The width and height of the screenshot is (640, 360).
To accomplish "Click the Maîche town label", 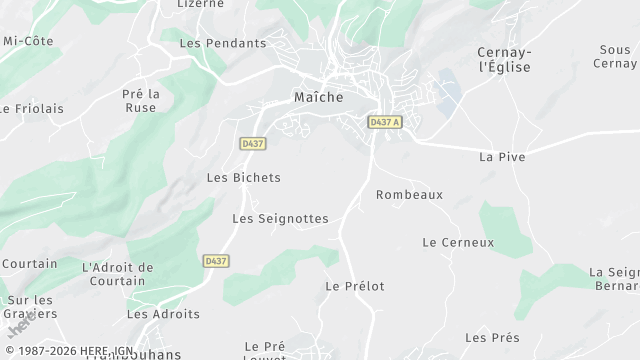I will tap(319, 98).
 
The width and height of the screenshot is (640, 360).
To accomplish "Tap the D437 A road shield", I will tap(384, 122).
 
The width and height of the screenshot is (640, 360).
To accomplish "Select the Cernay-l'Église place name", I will tap(504, 59).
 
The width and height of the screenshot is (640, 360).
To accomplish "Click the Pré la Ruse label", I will tap(141, 101).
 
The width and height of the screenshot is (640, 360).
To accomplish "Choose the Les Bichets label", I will tap(243, 178).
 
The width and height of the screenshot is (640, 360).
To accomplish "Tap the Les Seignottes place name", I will tap(280, 218).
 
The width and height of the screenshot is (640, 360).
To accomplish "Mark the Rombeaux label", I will tap(409, 195).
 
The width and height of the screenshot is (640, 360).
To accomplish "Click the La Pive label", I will tap(502, 157).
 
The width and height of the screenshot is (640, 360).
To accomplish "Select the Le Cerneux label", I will tap(458, 242).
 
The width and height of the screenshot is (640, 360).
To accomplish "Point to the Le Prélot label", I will tap(355, 286).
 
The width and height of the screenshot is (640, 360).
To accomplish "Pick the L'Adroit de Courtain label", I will tap(118, 274).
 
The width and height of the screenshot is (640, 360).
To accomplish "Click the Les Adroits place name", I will tap(163, 314).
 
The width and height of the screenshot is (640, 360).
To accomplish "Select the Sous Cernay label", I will tap(615, 56).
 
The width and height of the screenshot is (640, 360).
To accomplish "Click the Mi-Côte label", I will tap(28, 41).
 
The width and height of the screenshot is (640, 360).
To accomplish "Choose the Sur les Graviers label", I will tap(30, 306).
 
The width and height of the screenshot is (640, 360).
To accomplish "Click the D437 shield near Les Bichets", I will tap(253, 144).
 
